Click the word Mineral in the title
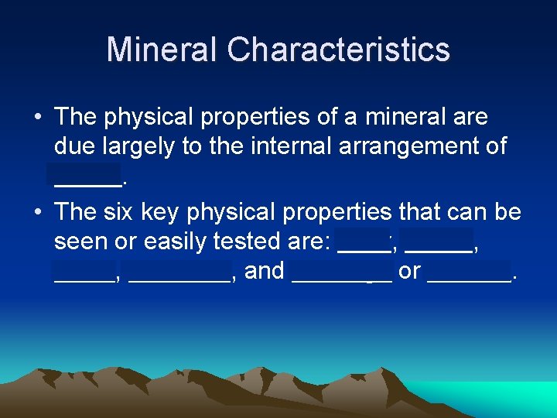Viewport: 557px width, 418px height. point(162,50)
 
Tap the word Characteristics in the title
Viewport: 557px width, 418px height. point(338,50)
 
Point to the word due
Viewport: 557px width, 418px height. point(74,146)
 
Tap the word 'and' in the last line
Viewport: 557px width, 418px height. point(265,271)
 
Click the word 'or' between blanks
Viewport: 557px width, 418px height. point(409,271)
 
